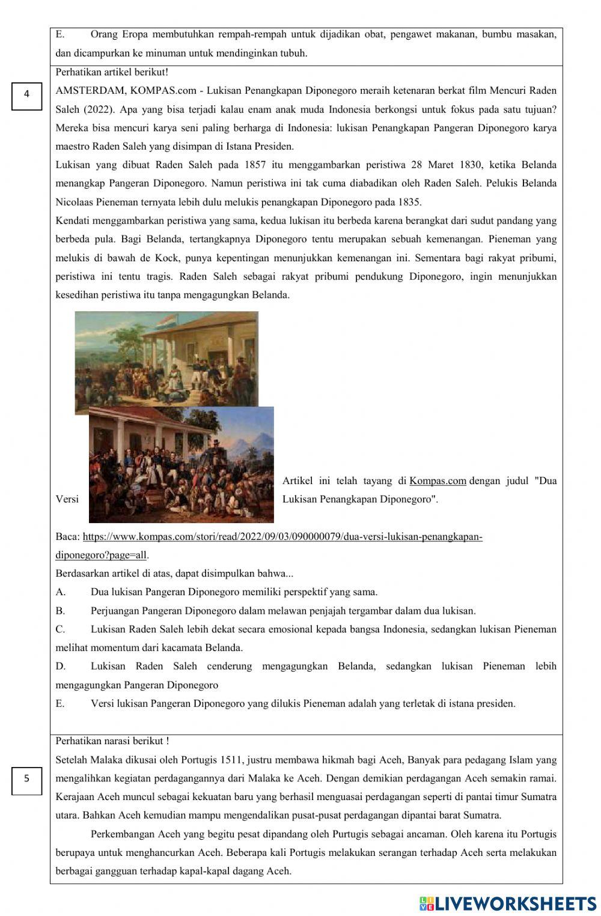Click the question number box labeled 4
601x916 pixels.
pos(26,95)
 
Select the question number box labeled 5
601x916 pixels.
pos(26,779)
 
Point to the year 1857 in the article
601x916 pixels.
pos(255,165)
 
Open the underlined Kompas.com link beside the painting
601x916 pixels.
pos(438,481)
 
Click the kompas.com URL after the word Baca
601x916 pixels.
pos(282,537)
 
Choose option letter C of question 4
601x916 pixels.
pos(60,629)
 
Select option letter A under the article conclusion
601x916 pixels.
pos(60,592)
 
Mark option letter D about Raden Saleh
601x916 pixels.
pos(60,667)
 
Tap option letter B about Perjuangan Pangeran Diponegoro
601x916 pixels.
pos(60,611)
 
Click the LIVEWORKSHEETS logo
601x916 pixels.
pos(508,903)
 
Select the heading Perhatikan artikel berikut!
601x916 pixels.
pos(112,72)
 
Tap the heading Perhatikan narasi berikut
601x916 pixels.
pos(112,742)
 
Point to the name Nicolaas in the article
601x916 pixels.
pos(74,202)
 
